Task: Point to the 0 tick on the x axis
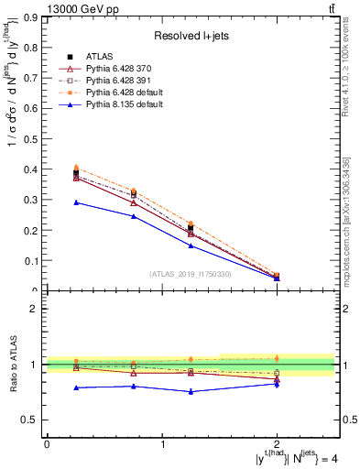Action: pyautogui.click(x=47, y=444)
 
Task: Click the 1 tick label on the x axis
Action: pyautogui.click(x=162, y=444)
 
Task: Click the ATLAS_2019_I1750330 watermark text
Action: pyautogui.click(x=191, y=274)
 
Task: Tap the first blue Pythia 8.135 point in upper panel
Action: pyautogui.click(x=76, y=202)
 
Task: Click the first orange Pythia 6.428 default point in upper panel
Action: pyautogui.click(x=76, y=168)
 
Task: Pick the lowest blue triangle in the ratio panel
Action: pyautogui.click(x=191, y=391)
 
